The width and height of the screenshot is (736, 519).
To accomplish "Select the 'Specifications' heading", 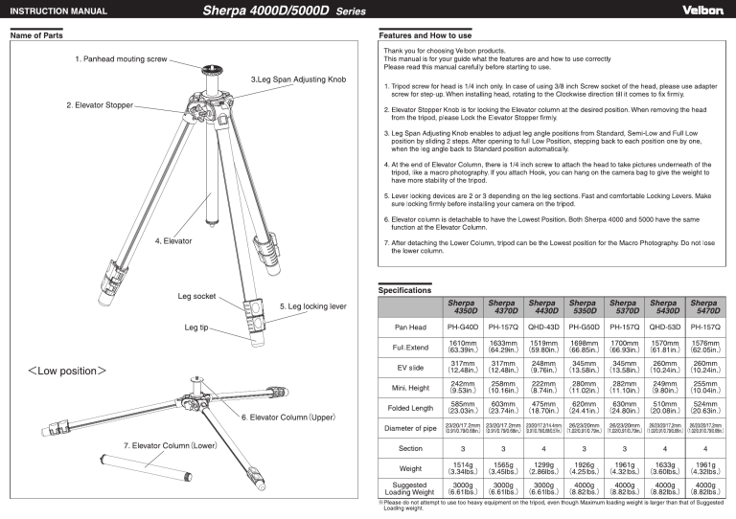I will click(x=404, y=288).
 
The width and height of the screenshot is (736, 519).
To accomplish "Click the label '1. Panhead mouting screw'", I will click(x=127, y=59).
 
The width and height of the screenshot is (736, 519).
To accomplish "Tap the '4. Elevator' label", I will click(x=179, y=241).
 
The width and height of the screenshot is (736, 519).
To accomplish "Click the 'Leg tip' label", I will click(x=195, y=327).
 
